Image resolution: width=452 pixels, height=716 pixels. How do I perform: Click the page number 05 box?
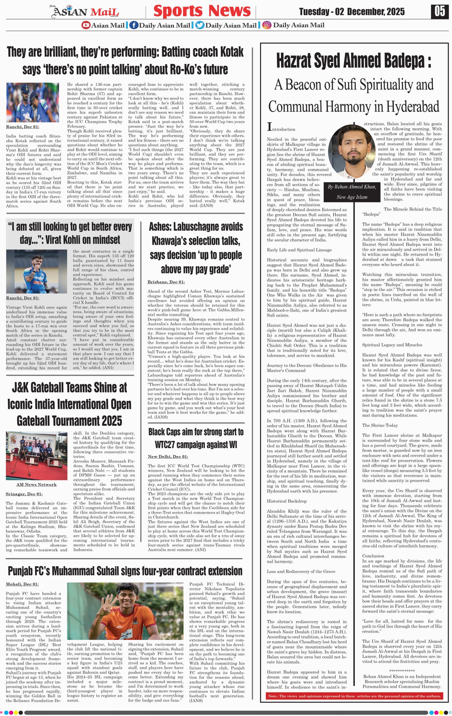click(440, 11)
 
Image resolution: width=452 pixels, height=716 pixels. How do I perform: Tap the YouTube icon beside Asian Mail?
click(86, 25)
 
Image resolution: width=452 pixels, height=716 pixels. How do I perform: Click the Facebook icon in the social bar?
click(134, 25)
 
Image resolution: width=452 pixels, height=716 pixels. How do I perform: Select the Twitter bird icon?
click(200, 25)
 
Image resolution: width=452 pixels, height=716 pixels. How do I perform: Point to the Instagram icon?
click(267, 25)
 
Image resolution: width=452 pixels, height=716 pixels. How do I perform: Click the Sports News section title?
click(202, 11)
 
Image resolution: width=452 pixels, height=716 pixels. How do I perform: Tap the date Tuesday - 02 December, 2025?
click(352, 12)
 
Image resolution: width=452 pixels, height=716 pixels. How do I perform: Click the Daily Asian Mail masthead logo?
click(85, 12)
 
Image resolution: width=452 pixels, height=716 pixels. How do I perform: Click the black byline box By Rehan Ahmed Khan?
click(352, 192)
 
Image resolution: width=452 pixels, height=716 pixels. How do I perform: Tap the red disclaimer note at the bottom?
click(354, 696)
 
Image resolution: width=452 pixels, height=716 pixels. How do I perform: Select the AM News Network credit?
click(36, 484)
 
